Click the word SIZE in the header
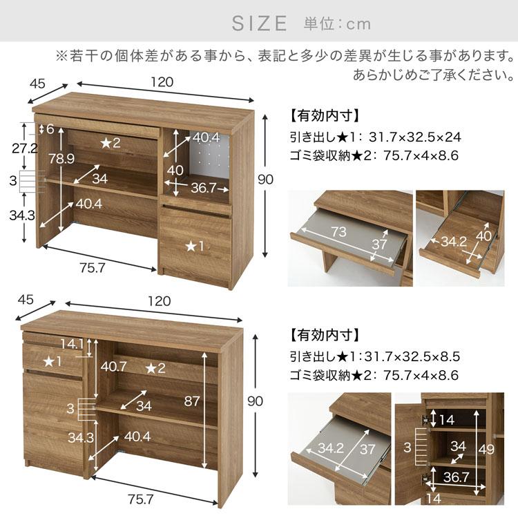point(259,23)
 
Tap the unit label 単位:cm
point(337,24)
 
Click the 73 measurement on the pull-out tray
point(338,232)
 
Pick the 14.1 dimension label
point(72,343)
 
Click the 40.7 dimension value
point(113,367)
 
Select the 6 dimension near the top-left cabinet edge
point(50,128)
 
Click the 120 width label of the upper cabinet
point(163,82)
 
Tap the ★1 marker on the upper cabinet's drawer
point(195,244)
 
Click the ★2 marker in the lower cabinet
point(155,367)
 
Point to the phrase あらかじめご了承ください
point(432,74)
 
